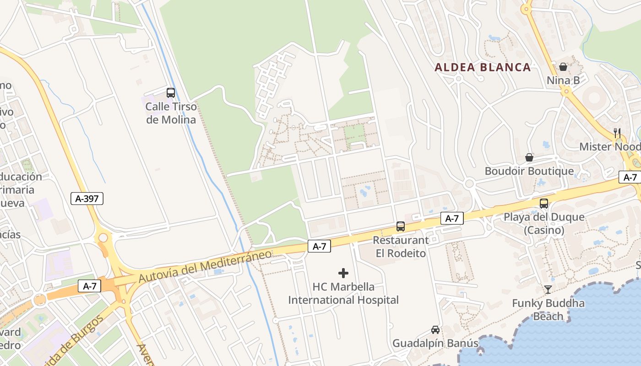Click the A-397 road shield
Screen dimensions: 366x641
point(87,199)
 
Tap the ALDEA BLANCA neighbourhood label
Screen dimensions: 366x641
point(483,67)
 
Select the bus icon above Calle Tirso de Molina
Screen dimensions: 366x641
point(171,93)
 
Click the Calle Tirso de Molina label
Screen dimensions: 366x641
point(171,113)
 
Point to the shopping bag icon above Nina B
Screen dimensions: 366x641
point(563,67)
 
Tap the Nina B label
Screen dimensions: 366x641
point(563,81)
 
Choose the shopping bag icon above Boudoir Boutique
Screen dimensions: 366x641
point(529,157)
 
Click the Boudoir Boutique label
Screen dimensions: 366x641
point(529,171)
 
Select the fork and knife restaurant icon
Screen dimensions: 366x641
point(617,133)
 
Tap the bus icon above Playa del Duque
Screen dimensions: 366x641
point(544,204)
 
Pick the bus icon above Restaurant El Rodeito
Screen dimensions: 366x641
point(401,226)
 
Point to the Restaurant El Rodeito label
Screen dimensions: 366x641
point(401,247)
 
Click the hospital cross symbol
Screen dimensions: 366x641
point(343,274)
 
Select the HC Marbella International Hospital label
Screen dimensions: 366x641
point(343,293)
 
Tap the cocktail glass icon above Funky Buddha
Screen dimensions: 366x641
point(548,289)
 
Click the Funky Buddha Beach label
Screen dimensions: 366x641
point(548,309)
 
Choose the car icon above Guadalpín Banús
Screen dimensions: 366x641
point(435,329)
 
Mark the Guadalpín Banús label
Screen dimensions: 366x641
point(435,343)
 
